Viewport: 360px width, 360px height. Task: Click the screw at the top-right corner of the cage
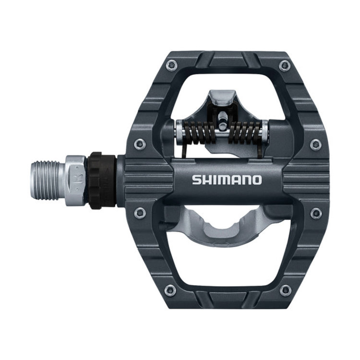click(285, 64)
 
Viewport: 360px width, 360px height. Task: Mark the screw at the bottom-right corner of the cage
click(285, 289)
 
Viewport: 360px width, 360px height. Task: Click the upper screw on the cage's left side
click(139, 143)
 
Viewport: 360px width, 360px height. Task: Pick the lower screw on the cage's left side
click(139, 212)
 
